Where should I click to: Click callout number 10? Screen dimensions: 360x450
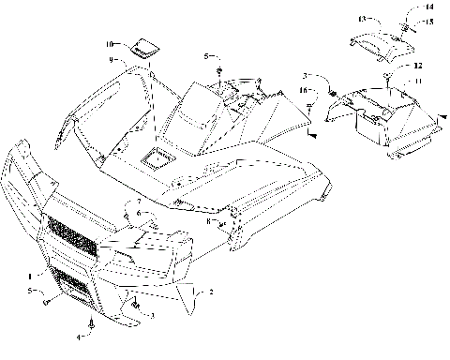(x=109, y=44)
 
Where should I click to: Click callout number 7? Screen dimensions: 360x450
(x=137, y=202)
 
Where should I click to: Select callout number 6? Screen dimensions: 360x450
(x=137, y=213)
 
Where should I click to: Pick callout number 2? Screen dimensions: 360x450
(x=211, y=292)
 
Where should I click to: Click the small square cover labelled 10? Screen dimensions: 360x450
(x=143, y=48)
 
